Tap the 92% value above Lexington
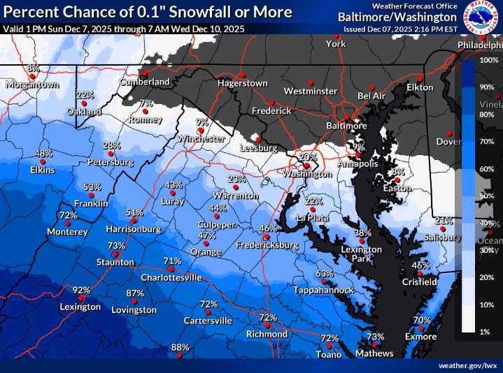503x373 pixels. pyautogui.click(x=82, y=291)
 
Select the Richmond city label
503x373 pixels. pyautogui.click(x=267, y=334)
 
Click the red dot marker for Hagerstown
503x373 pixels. pyautogui.click(x=241, y=74)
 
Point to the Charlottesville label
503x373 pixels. pyautogui.click(x=171, y=277)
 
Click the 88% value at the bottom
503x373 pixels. pyautogui.click(x=180, y=347)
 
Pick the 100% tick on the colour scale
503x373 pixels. pyautogui.click(x=488, y=61)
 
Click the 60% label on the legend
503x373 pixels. pyautogui.click(x=487, y=169)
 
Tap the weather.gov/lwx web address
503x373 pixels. pyautogui.click(x=467, y=365)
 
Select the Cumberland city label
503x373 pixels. pyautogui.click(x=145, y=82)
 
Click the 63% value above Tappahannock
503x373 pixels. pyautogui.click(x=325, y=273)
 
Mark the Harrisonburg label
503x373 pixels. pyautogui.click(x=134, y=228)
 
